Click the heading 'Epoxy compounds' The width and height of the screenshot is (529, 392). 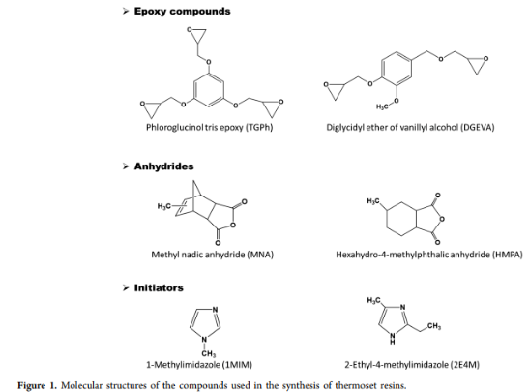pos(182,12)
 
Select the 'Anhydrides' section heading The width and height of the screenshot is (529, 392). pos(164,166)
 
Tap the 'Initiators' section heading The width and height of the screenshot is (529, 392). pos(159,288)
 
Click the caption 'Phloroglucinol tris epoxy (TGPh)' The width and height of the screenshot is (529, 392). pos(209,128)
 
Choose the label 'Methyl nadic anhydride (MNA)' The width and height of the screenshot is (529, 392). pos(212,255)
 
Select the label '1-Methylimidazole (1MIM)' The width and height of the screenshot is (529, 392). pos(199,365)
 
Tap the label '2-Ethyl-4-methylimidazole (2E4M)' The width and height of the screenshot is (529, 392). pos(412,365)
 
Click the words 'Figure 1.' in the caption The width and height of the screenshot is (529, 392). pos(37,385)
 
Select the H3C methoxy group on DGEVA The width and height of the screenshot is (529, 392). pos(382,107)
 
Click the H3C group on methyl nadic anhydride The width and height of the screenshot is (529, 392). pos(164,205)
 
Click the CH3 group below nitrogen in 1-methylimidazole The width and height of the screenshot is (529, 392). pos(209,353)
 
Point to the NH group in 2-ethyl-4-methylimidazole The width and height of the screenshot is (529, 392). pos(393,338)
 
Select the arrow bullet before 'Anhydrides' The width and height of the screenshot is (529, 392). pos(126,166)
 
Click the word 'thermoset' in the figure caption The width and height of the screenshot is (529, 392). pos(355,385)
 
